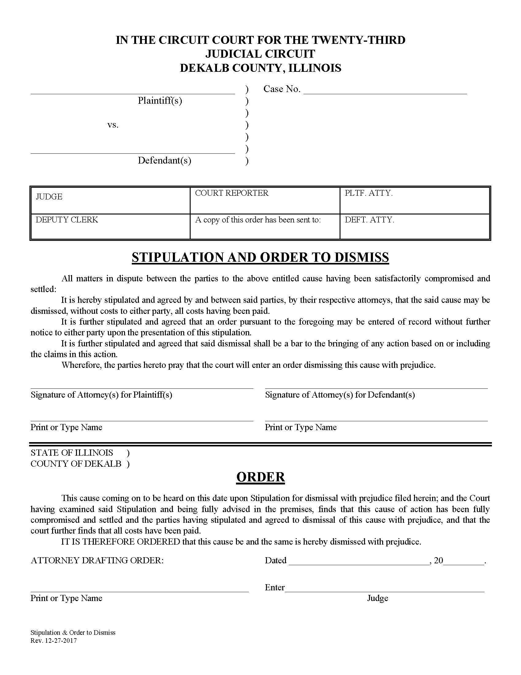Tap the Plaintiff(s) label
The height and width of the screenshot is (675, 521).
(160, 101)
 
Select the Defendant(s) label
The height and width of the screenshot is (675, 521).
(164, 160)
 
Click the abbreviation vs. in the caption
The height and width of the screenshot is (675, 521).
(113, 125)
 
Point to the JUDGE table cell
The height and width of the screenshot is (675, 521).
(110, 200)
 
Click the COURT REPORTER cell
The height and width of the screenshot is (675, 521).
(264, 200)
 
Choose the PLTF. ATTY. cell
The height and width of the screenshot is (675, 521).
(415, 200)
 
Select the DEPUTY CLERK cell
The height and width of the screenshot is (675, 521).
(110, 226)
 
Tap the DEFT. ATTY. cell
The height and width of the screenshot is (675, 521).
(415, 226)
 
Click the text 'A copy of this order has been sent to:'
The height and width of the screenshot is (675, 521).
(258, 220)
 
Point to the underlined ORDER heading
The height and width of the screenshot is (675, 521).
(260, 477)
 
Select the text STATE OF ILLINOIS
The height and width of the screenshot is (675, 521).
(72, 453)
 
